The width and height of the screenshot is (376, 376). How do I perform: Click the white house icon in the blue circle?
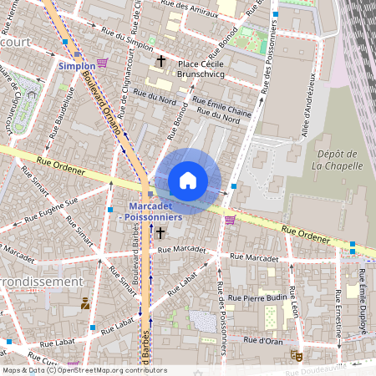(188, 181)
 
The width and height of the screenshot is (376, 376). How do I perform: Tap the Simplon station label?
(76, 65)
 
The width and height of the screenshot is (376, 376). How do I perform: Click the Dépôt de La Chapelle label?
(337, 159)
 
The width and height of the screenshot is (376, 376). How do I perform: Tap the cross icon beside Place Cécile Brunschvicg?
(160, 62)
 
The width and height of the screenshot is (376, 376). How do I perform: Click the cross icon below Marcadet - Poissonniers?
(160, 232)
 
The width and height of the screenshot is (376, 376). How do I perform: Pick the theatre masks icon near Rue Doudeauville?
(294, 355)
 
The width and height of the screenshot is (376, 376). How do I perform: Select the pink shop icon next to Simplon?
(102, 64)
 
